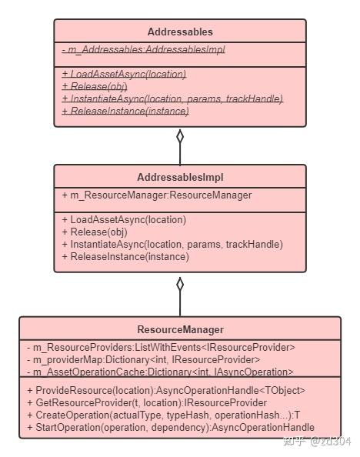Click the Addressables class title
click(179, 32)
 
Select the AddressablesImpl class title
click(179, 178)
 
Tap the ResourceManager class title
click(179, 329)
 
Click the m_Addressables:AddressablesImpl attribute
click(143, 50)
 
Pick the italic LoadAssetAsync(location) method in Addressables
click(124, 74)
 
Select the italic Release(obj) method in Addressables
click(94, 86)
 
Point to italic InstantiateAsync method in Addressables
click(172, 98)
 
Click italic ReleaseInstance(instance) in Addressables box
click(125, 111)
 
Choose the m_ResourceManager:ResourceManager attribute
click(156, 195)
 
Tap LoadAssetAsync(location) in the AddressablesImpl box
click(124, 219)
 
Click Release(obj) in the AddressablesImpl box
click(94, 232)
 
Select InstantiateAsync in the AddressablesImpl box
click(172, 244)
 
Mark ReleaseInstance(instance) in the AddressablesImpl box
click(125, 256)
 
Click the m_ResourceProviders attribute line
click(159, 347)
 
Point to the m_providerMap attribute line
click(142, 359)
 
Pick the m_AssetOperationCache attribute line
click(159, 372)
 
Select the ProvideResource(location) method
click(165, 391)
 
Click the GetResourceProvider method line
click(146, 403)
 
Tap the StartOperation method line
click(170, 428)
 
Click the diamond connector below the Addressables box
click(180, 137)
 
